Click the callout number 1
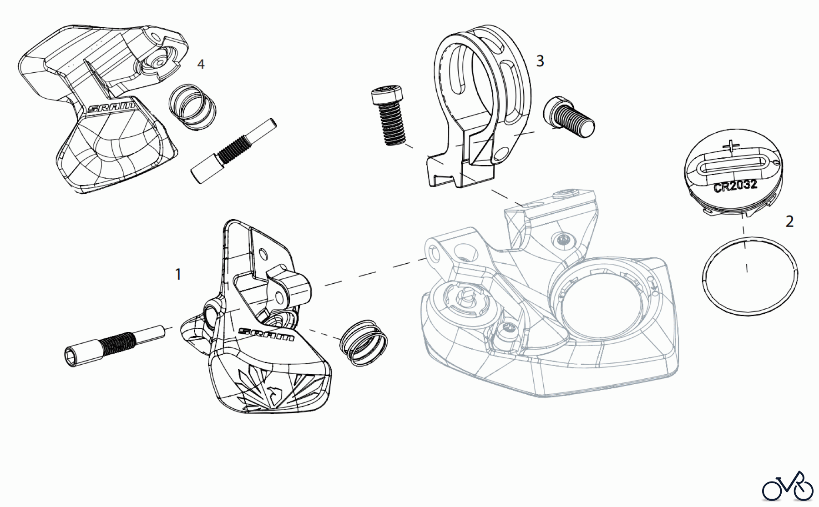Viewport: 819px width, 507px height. (178, 275)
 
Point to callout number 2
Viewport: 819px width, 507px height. (789, 221)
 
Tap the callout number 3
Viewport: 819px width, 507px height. (540, 61)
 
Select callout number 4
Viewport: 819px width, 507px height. (201, 64)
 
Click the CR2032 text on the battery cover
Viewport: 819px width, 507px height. (735, 186)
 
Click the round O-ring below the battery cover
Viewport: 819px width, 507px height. (750, 276)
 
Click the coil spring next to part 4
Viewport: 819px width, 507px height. (192, 107)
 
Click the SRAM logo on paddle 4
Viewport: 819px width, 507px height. (111, 108)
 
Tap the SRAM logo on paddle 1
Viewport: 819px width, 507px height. (266, 335)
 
